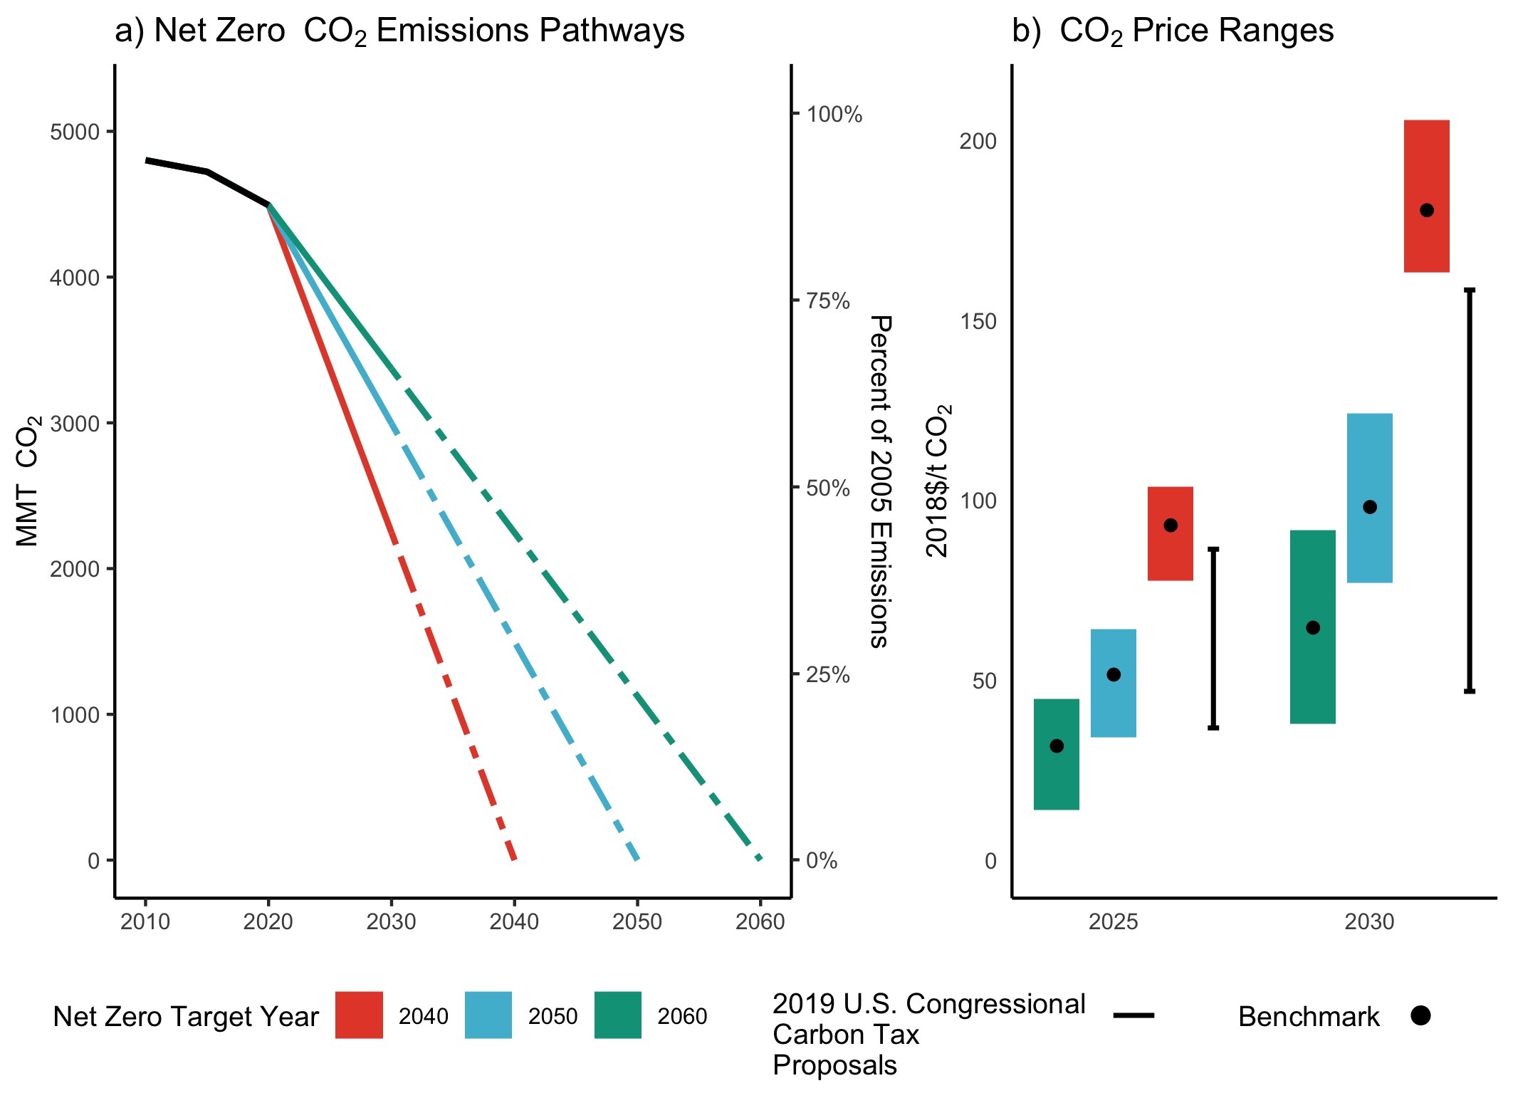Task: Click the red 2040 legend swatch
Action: tap(359, 1015)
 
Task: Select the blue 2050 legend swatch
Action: tap(488, 1015)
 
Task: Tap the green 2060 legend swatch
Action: tap(617, 1015)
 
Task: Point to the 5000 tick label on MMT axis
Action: tap(75, 132)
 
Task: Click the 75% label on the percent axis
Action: tap(828, 301)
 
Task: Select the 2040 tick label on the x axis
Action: tap(514, 922)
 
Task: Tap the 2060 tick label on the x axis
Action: tap(760, 922)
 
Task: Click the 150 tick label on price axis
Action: tap(978, 322)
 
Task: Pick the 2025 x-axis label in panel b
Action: tap(1113, 922)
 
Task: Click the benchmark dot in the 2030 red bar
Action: tap(1426, 210)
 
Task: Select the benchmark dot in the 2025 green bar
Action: tap(1057, 746)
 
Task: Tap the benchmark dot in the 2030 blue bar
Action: tap(1369, 507)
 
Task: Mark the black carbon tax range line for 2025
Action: tap(1213, 638)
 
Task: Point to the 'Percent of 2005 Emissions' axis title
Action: tap(881, 481)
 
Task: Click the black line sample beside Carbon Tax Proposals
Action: tap(1134, 1015)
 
